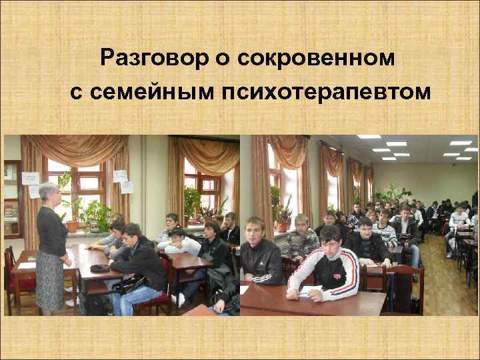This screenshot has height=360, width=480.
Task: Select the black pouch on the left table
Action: coord(101,267)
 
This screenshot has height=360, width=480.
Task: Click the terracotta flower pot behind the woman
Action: coord(72,226)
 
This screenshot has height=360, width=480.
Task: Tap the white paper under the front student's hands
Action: coord(311,291)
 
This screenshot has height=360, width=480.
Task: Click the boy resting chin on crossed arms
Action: coord(176,240)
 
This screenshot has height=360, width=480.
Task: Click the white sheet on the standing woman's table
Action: coord(26,265)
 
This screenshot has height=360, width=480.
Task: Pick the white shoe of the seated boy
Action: coord(179,300)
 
